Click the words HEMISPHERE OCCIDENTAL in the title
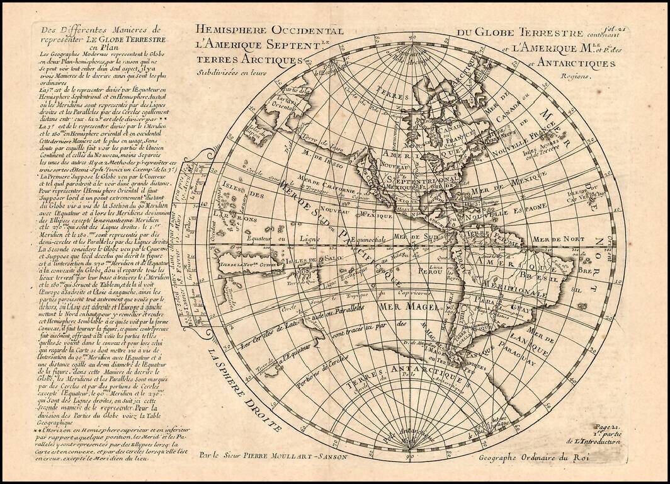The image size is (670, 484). pyautogui.click(x=269, y=30)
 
